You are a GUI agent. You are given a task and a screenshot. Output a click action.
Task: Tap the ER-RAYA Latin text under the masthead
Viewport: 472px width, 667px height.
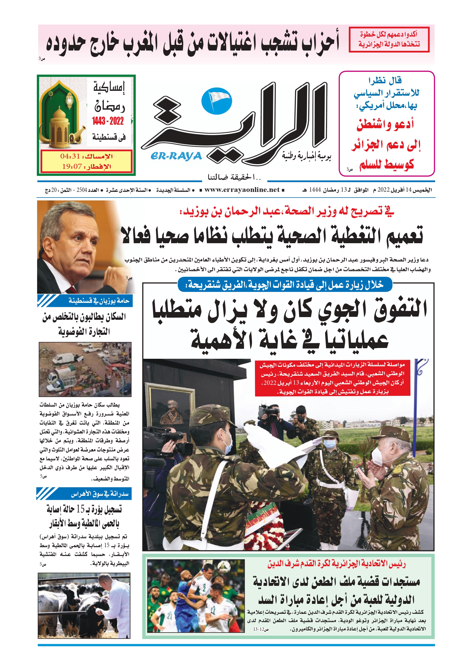click(x=176, y=156)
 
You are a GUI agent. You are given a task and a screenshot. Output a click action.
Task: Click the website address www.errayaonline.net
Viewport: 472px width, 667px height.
click(x=242, y=190)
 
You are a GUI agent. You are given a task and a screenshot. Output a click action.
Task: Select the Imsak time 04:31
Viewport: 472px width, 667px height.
click(x=70, y=156)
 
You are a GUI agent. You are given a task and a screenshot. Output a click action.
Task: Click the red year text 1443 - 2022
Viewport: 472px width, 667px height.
click(x=108, y=121)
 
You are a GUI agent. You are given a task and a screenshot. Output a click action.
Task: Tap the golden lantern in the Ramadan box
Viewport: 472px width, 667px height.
click(x=59, y=125)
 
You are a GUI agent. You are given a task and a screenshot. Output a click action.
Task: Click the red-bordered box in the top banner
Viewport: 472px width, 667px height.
click(x=389, y=40)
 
